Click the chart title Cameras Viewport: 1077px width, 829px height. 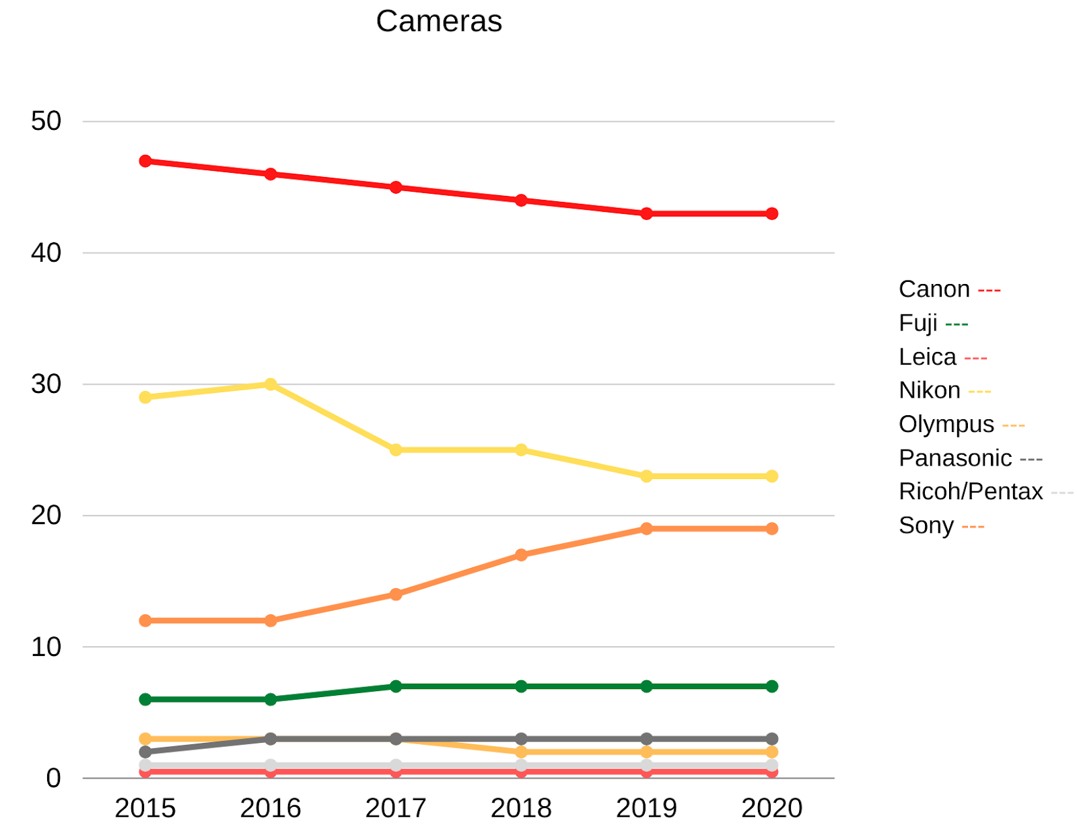click(x=439, y=22)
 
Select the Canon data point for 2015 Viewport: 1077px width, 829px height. click(x=145, y=161)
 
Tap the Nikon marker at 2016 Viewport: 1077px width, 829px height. click(x=271, y=384)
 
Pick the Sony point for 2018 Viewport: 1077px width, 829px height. click(x=521, y=555)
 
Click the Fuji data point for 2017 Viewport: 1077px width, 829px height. click(x=396, y=686)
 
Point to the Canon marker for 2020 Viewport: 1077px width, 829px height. click(x=772, y=214)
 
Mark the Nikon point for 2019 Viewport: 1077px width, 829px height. click(x=646, y=476)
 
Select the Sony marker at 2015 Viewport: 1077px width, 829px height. click(x=145, y=620)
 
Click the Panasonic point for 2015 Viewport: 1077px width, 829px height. click(x=145, y=752)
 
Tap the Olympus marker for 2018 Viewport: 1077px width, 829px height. click(x=521, y=752)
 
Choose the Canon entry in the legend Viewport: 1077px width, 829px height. click(x=934, y=289)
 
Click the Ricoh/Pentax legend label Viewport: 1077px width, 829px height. click(x=971, y=492)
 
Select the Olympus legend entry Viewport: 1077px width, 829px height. click(x=946, y=425)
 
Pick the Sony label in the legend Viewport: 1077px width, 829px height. click(x=926, y=526)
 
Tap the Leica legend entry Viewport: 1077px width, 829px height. click(x=928, y=357)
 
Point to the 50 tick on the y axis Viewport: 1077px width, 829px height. click(x=46, y=122)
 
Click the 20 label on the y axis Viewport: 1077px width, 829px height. click(x=46, y=515)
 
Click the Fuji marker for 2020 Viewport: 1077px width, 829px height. click(x=772, y=686)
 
